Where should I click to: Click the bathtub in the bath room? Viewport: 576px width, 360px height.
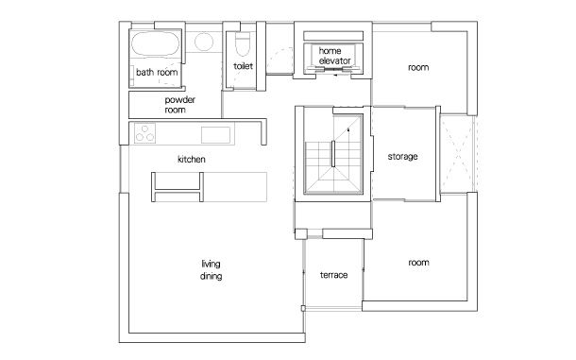[x=156, y=44]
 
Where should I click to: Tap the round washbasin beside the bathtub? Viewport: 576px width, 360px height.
[x=204, y=42]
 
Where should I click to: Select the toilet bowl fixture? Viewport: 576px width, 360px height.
[x=243, y=44]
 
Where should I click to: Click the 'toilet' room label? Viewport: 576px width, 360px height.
[x=244, y=66]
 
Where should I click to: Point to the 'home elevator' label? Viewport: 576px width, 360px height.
[x=334, y=56]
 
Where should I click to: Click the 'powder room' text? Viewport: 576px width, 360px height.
[x=180, y=105]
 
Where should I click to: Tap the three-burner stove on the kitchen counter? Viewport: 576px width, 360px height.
[x=144, y=133]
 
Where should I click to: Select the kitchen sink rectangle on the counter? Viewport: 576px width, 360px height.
[x=215, y=135]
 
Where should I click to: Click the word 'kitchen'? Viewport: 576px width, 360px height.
[x=192, y=160]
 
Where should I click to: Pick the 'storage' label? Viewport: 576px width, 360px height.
[x=402, y=157]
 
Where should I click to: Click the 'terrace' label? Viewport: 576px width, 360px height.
[x=333, y=275]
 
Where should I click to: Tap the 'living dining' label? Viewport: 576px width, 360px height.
[x=211, y=269]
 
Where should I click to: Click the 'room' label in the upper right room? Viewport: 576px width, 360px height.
[x=418, y=67]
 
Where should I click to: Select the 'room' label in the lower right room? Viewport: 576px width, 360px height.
[x=418, y=263]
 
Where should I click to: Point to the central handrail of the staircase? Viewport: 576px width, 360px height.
[x=333, y=154]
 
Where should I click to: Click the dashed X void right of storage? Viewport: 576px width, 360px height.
[x=458, y=154]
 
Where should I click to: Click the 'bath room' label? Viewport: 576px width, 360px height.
[x=157, y=73]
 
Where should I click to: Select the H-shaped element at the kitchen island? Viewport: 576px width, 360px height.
[x=178, y=187]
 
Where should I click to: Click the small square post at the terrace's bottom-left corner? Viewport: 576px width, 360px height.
[x=303, y=309]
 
